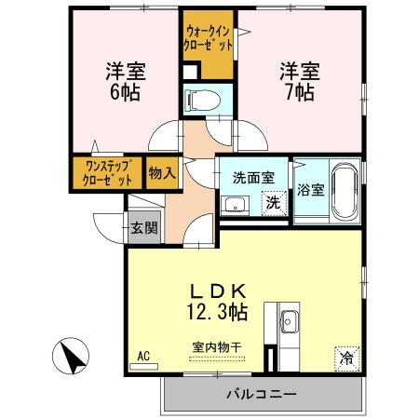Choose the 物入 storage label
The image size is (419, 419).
pos(160,173)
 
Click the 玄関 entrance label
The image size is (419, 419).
pos(143,226)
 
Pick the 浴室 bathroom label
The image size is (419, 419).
pos(310,190)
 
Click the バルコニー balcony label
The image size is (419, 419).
pos(262,394)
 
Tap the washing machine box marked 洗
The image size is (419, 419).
pos(273,202)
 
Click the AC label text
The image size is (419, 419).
pos(143,355)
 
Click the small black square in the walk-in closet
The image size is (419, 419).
pos(190,71)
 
